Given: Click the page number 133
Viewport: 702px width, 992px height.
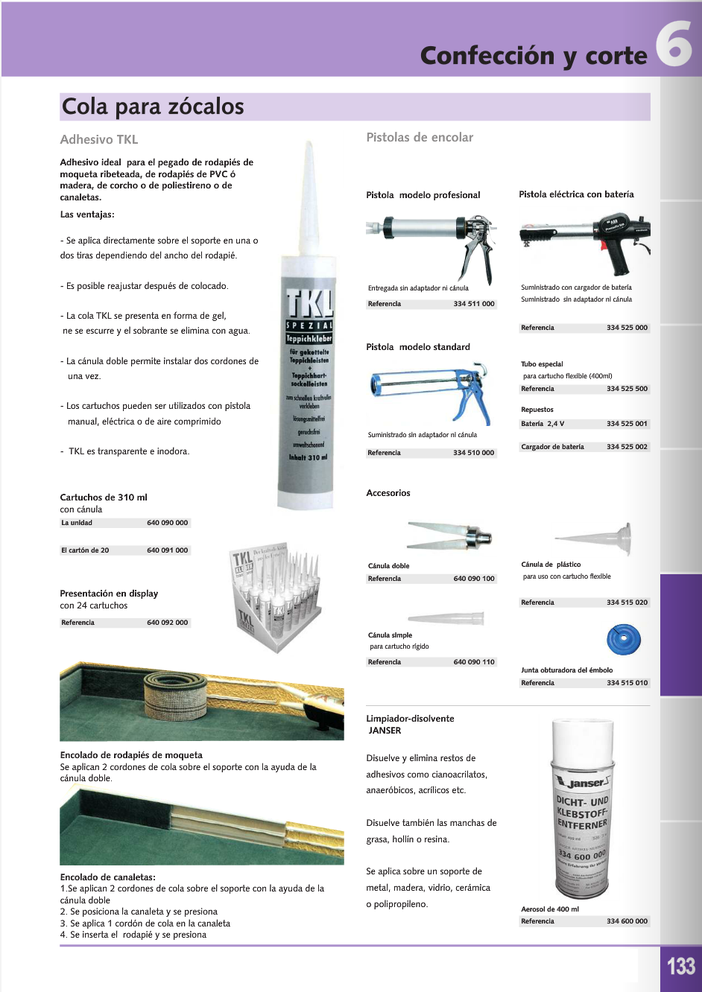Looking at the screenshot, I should tap(680, 966).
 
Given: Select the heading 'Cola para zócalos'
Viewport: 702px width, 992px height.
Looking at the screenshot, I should tap(153, 106).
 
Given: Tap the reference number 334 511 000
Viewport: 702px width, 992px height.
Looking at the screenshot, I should tap(474, 304).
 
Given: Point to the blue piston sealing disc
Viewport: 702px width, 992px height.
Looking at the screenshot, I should tap(623, 639).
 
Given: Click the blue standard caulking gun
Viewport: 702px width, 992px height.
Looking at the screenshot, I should tap(431, 390).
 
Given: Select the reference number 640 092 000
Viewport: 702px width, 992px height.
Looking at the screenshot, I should tap(167, 623).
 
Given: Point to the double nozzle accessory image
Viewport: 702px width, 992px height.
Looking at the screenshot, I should tap(449, 535).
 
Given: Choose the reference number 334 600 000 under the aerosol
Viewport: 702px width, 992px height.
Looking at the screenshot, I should tap(627, 921).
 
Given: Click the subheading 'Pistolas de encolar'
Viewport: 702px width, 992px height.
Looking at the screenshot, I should tap(420, 137).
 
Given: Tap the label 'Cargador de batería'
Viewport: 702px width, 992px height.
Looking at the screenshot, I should tap(552, 447).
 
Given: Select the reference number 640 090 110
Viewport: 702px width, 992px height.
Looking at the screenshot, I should tap(474, 662).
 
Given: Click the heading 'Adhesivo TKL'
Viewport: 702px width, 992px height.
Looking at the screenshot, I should tap(99, 139).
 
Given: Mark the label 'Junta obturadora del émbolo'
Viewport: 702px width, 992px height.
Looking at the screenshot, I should tap(566, 670).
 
